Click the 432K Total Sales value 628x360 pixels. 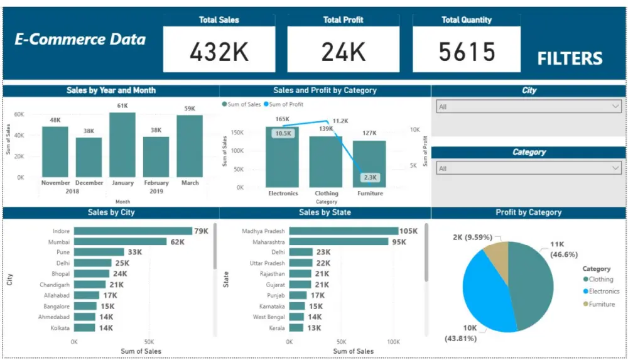tap(219, 52)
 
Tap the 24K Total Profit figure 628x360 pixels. tap(344, 52)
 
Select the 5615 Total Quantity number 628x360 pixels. tap(467, 52)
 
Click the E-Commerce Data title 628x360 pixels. tap(80, 40)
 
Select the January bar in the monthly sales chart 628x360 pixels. tap(122, 145)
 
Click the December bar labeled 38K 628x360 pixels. tap(89, 157)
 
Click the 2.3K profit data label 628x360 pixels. tap(370, 177)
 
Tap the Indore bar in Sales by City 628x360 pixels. tap(133, 231)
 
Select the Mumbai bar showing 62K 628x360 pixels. tap(120, 242)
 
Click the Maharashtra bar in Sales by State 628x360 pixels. tap(338, 242)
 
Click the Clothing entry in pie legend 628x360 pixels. tap(600, 280)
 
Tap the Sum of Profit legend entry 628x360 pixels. tap(286, 104)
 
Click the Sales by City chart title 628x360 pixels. tap(111, 213)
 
